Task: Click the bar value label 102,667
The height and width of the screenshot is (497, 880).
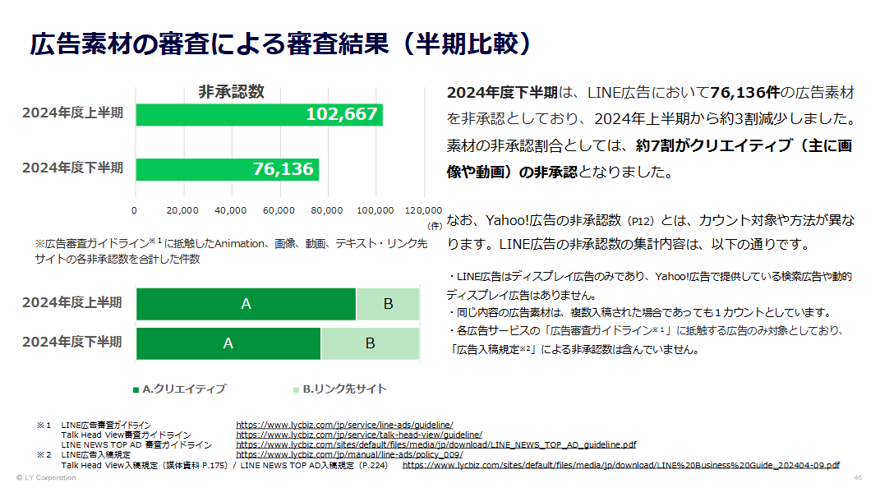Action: [341, 114]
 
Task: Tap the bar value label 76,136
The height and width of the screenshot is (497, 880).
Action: [283, 169]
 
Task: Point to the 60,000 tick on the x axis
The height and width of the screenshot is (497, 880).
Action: [280, 211]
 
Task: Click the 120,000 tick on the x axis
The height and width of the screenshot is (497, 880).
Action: [423, 211]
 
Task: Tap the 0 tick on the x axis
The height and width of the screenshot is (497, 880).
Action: [135, 211]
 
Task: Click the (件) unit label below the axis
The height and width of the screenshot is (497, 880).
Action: [435, 224]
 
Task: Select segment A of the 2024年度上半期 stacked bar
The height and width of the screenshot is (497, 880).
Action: [246, 304]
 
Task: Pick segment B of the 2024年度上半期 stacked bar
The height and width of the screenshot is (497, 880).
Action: [388, 304]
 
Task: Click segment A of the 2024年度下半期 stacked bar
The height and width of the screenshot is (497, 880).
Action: [228, 343]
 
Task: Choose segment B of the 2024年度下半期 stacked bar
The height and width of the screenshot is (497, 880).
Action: [370, 343]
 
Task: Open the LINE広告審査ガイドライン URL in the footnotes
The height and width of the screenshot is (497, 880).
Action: [344, 425]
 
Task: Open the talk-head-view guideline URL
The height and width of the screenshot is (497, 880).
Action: [359, 435]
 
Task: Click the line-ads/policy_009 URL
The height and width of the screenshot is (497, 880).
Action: [349, 454]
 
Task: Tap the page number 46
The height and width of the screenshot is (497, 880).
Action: [858, 477]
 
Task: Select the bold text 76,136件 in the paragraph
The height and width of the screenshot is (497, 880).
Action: [749, 93]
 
